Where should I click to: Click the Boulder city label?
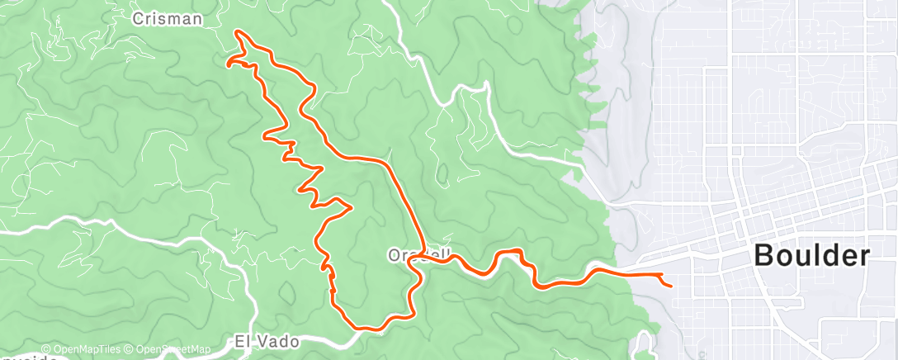click(x=811, y=256)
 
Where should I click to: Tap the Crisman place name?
click(x=168, y=18)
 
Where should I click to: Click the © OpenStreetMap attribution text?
click(x=168, y=349)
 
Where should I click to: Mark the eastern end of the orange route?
click(x=671, y=286)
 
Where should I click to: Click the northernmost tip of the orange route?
click(x=239, y=31)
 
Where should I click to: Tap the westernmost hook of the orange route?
click(x=228, y=60)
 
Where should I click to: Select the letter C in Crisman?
click(x=138, y=18)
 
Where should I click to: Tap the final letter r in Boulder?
click(x=863, y=256)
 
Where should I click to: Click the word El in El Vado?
click(x=241, y=340)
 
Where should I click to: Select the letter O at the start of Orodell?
click(x=393, y=256)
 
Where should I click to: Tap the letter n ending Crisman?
click(x=198, y=18)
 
